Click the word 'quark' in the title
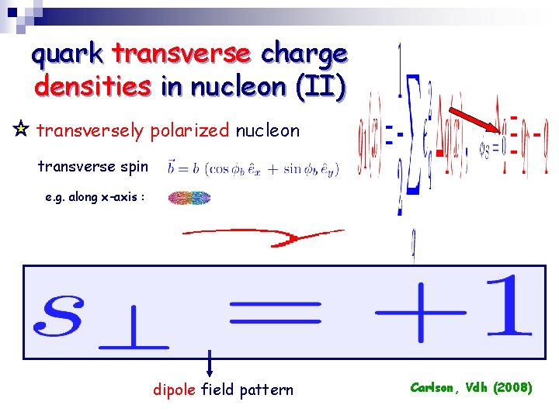pyautogui.click(x=68, y=54)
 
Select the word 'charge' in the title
pyautogui.click(x=304, y=54)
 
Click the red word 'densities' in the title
pyautogui.click(x=93, y=86)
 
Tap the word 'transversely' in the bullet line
pyautogui.click(x=92, y=130)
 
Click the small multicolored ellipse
pyautogui.click(x=189, y=198)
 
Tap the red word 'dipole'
pyautogui.click(x=174, y=390)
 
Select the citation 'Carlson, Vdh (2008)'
pyautogui.click(x=471, y=386)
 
